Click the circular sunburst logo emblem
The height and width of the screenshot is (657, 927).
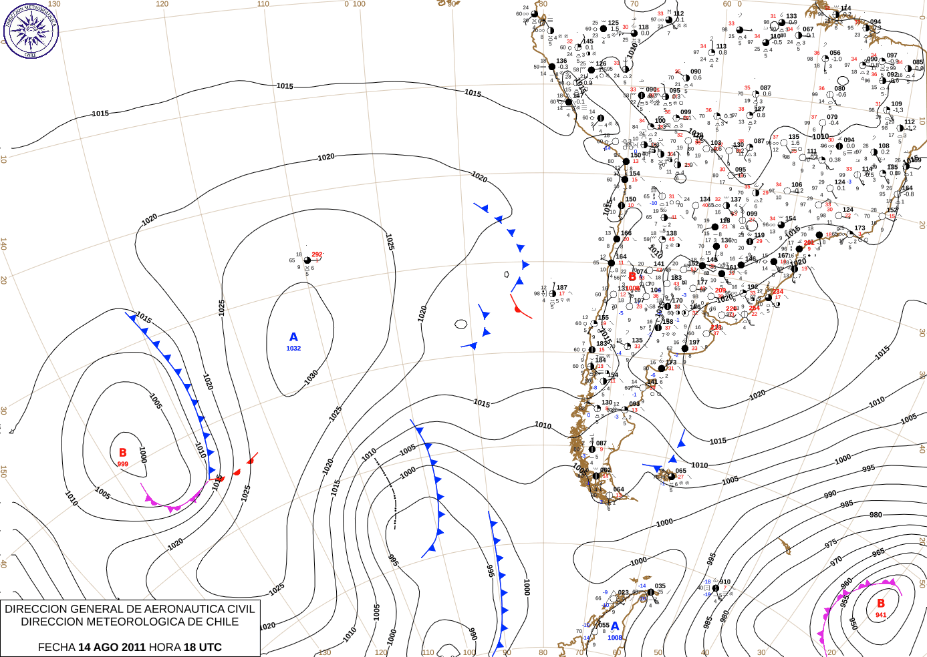[31, 31]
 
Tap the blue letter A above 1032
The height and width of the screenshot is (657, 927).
[293, 337]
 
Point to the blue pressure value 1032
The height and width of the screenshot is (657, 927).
[293, 349]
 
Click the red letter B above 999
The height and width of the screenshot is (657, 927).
[122, 453]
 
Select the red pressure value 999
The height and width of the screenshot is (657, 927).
[122, 464]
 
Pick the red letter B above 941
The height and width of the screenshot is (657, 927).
[881, 603]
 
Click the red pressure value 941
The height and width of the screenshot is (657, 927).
[881, 615]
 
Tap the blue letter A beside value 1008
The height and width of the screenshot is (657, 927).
[615, 626]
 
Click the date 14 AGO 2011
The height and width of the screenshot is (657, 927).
[112, 647]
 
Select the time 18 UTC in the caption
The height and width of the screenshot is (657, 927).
[204, 647]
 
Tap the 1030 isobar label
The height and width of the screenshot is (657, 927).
[311, 377]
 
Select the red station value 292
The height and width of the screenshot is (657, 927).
[317, 254]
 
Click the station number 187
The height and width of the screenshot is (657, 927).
[562, 288]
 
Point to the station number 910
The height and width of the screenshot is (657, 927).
[725, 582]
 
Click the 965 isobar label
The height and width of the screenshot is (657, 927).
[878, 552]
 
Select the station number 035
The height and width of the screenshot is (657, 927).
[660, 586]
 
